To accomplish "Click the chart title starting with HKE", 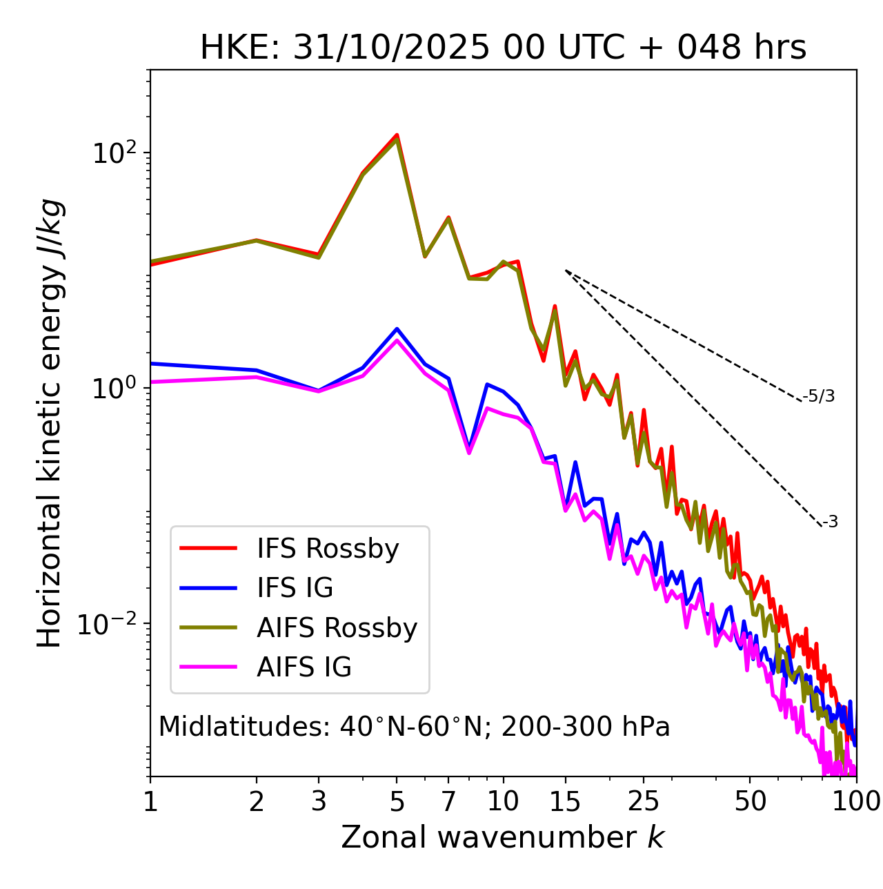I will (x=503, y=48).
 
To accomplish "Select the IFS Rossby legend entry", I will (x=328, y=548).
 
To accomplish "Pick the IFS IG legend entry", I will (x=295, y=587).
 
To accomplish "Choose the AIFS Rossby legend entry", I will (x=337, y=627).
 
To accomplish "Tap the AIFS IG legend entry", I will (x=304, y=667).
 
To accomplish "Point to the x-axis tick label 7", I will (x=448, y=801).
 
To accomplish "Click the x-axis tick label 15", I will (x=565, y=801).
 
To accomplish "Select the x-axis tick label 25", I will (x=644, y=801).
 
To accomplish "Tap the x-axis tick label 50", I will (x=750, y=801).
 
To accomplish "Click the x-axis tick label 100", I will (x=855, y=801).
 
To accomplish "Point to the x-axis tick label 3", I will (x=318, y=801).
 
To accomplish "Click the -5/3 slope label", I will (x=819, y=396).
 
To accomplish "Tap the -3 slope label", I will (x=830, y=522).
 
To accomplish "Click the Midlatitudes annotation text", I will (x=414, y=727).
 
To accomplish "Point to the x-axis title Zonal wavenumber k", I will (x=503, y=837).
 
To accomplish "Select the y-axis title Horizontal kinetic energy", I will (x=50, y=423).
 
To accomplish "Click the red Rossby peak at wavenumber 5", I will (x=397, y=135).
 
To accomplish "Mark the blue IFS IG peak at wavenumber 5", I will (x=397, y=329).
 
